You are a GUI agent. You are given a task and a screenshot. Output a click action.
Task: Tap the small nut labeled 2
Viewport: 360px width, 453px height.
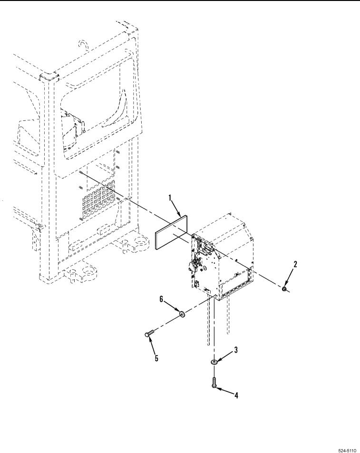284,289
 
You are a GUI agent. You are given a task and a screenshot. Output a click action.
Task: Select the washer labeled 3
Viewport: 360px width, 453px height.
214,363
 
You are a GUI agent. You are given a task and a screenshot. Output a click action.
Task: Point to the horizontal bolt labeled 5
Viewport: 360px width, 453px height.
148,334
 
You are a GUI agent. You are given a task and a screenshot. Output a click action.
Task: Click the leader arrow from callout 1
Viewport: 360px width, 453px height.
177,207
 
